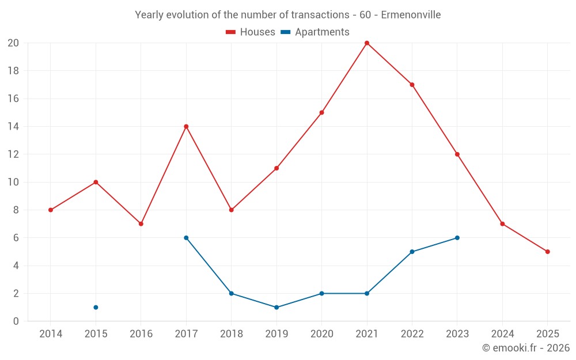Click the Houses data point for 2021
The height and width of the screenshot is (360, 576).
click(x=367, y=43)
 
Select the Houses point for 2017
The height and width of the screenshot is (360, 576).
click(x=186, y=127)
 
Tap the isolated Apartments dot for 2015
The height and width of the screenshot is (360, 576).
click(x=96, y=308)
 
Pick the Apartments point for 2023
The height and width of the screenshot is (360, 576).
click(x=457, y=238)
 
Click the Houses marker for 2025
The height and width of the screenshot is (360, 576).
click(x=548, y=252)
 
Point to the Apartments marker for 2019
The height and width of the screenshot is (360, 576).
click(x=276, y=308)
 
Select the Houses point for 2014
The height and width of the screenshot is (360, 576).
click(x=51, y=210)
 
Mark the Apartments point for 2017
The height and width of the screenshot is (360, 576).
click(x=186, y=238)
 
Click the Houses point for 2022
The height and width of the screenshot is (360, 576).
click(x=412, y=85)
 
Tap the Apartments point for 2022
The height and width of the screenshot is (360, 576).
click(x=412, y=252)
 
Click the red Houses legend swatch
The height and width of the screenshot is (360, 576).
click(x=231, y=32)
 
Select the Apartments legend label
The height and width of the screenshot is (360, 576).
click(x=322, y=32)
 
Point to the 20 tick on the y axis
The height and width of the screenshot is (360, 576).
click(x=13, y=43)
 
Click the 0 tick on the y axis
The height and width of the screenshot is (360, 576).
click(x=16, y=321)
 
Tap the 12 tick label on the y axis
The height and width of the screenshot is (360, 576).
click(x=13, y=154)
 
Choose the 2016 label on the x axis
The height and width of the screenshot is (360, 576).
click(x=141, y=334)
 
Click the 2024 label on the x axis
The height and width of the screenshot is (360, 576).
click(x=502, y=334)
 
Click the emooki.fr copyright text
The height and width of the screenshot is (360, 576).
click(x=526, y=348)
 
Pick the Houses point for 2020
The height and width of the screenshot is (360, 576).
click(x=321, y=113)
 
